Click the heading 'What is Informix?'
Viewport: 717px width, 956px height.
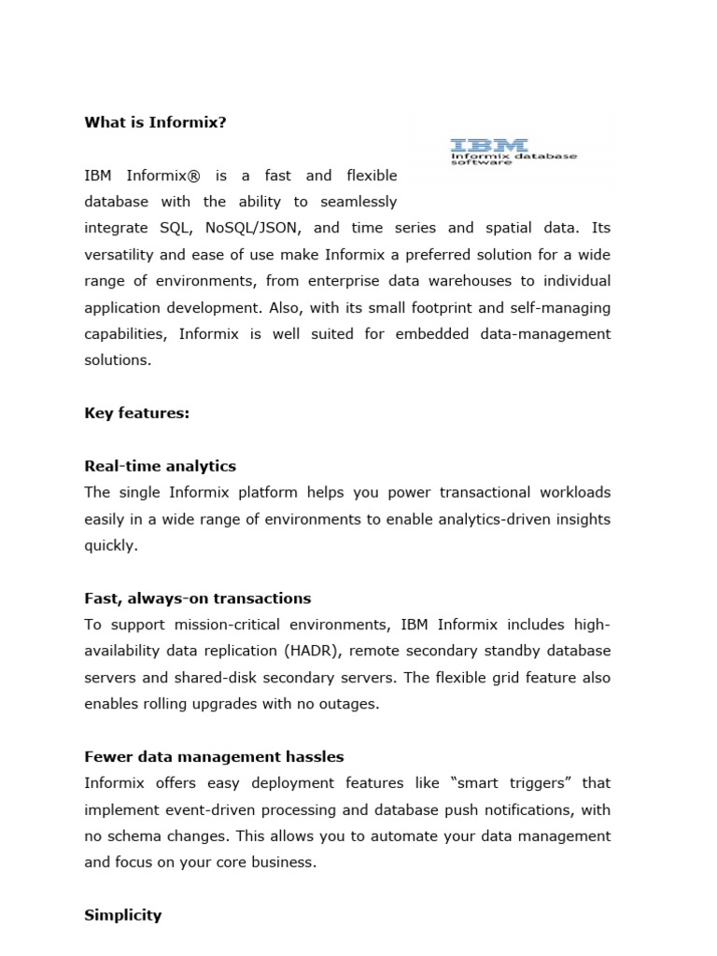click(155, 122)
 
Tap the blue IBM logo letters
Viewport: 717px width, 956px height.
click(488, 146)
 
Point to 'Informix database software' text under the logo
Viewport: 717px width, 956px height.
click(513, 160)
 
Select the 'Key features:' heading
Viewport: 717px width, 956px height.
click(136, 413)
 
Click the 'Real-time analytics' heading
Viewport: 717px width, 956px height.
click(160, 466)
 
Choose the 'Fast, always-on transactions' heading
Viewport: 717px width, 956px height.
click(197, 598)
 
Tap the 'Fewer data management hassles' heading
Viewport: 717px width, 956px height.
click(214, 757)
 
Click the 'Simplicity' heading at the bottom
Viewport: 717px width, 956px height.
click(122, 916)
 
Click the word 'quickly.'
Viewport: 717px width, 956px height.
click(110, 545)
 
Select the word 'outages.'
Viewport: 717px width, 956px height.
click(349, 704)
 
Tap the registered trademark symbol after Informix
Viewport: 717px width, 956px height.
click(198, 176)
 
